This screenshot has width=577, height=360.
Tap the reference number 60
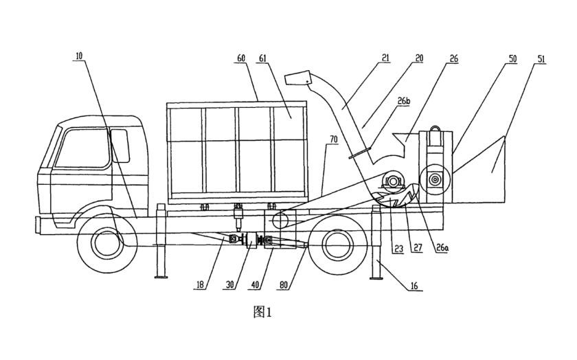coord(241,58)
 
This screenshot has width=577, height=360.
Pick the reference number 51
coord(542,58)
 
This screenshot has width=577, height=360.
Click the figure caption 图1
coord(263,313)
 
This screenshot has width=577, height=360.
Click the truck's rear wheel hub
coord(336,243)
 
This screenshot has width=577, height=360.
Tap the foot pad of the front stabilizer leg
coord(161,276)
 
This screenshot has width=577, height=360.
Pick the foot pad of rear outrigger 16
coord(376,277)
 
